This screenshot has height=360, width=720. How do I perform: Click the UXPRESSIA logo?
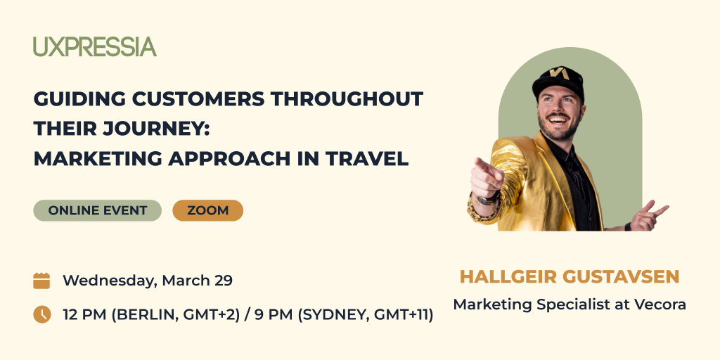pos(95,47)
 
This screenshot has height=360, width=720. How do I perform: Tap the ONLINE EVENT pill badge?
pos(97,210)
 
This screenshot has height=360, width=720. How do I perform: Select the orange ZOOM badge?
pos(207,210)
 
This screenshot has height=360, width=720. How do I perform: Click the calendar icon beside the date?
pos(41,281)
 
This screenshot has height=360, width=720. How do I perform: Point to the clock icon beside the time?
pos(41,314)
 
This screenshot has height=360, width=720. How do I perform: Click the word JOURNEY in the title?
pos(153,129)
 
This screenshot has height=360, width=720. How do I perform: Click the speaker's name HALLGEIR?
pos(507,276)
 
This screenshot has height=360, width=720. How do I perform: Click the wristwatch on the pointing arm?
pos(488,200)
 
